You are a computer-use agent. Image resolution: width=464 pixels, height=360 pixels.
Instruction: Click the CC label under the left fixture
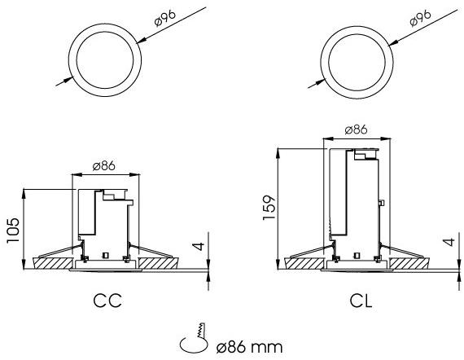coord(107,301)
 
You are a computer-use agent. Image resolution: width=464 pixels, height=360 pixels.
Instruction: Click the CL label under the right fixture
coord(361,301)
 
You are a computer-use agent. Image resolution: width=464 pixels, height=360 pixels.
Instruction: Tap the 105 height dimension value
coord(13,230)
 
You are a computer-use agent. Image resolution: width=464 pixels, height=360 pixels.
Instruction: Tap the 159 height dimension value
coord(269,207)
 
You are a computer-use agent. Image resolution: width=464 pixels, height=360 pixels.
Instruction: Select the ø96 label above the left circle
coord(165,18)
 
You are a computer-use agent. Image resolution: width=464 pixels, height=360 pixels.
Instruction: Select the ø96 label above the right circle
coord(421,18)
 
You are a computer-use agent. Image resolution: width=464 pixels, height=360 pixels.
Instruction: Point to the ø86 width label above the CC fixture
coord(104,166)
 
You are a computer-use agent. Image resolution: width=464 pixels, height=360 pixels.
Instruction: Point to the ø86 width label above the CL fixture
coord(356,130)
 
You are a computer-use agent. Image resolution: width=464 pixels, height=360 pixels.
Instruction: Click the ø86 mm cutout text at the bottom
coord(249,347)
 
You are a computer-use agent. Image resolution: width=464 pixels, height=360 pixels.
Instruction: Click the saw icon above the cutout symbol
coord(201,330)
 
